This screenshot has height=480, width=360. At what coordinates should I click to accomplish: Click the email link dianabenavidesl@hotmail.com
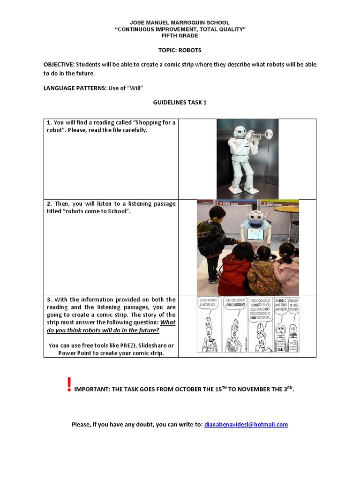(246, 424)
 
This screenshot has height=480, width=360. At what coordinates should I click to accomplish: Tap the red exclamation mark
(69, 384)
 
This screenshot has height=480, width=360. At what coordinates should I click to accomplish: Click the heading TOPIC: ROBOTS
(180, 50)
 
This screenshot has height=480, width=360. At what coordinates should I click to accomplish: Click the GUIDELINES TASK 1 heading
(180, 102)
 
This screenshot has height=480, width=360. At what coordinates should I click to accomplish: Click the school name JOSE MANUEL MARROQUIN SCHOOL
(180, 22)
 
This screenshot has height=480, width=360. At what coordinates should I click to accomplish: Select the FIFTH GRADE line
(180, 36)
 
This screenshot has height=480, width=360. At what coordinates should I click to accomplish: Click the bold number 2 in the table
(49, 204)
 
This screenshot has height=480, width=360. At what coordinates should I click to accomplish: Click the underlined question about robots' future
(111, 326)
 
